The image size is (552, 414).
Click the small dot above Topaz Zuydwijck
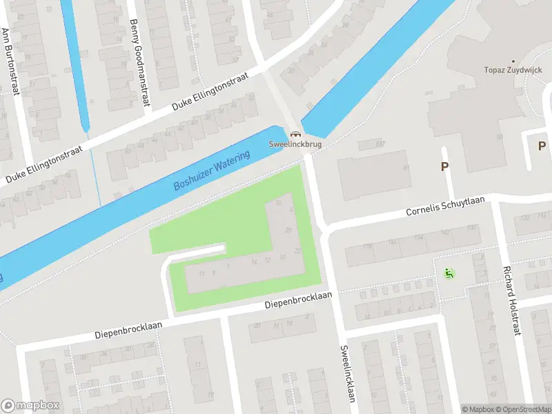point(512,61)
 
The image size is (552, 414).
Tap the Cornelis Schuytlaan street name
point(445,206)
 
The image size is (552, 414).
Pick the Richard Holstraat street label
point(511,301)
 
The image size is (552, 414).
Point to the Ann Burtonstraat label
point(9,61)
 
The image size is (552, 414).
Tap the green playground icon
point(449,273)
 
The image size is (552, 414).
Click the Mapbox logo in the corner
point(30,406)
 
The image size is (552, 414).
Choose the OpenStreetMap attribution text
point(521,409)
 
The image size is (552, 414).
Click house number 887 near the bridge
point(379,144)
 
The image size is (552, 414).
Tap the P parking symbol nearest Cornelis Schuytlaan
point(445,166)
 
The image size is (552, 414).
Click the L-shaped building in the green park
point(276,255)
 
